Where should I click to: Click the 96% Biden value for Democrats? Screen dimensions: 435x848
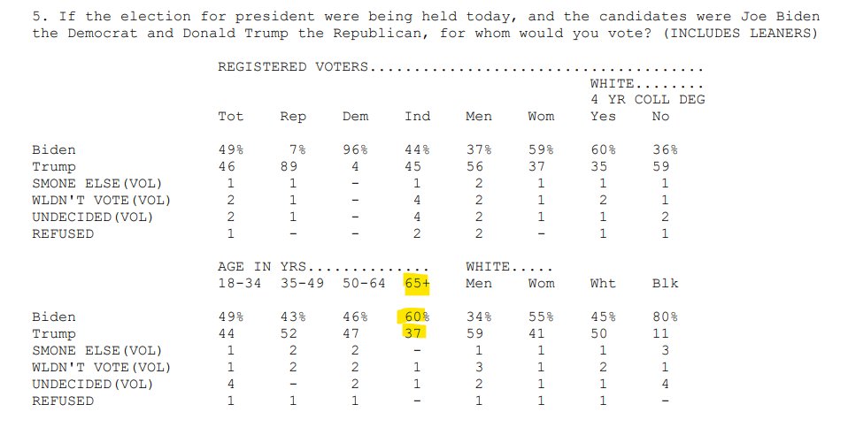355,150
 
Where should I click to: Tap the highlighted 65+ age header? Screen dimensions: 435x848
416,283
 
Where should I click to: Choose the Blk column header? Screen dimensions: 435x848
665,283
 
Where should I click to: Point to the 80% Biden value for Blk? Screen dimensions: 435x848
665,317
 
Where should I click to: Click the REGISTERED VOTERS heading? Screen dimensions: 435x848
293,66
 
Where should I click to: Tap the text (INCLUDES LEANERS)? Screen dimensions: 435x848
740,34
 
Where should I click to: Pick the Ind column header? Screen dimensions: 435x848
417,117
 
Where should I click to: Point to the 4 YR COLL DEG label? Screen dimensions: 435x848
647,100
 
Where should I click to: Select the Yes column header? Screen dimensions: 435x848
603,117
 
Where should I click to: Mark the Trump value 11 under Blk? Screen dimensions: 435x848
660,333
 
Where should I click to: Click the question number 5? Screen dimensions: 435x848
36,17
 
